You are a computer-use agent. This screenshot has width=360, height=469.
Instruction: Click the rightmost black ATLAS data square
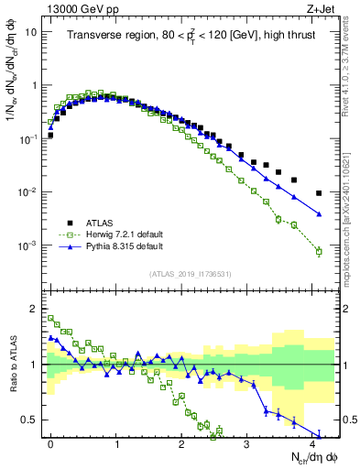point(319,193)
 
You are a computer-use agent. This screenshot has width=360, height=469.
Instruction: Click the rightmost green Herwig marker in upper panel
point(319,251)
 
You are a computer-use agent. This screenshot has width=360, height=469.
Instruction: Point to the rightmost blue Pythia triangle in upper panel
point(319,214)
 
